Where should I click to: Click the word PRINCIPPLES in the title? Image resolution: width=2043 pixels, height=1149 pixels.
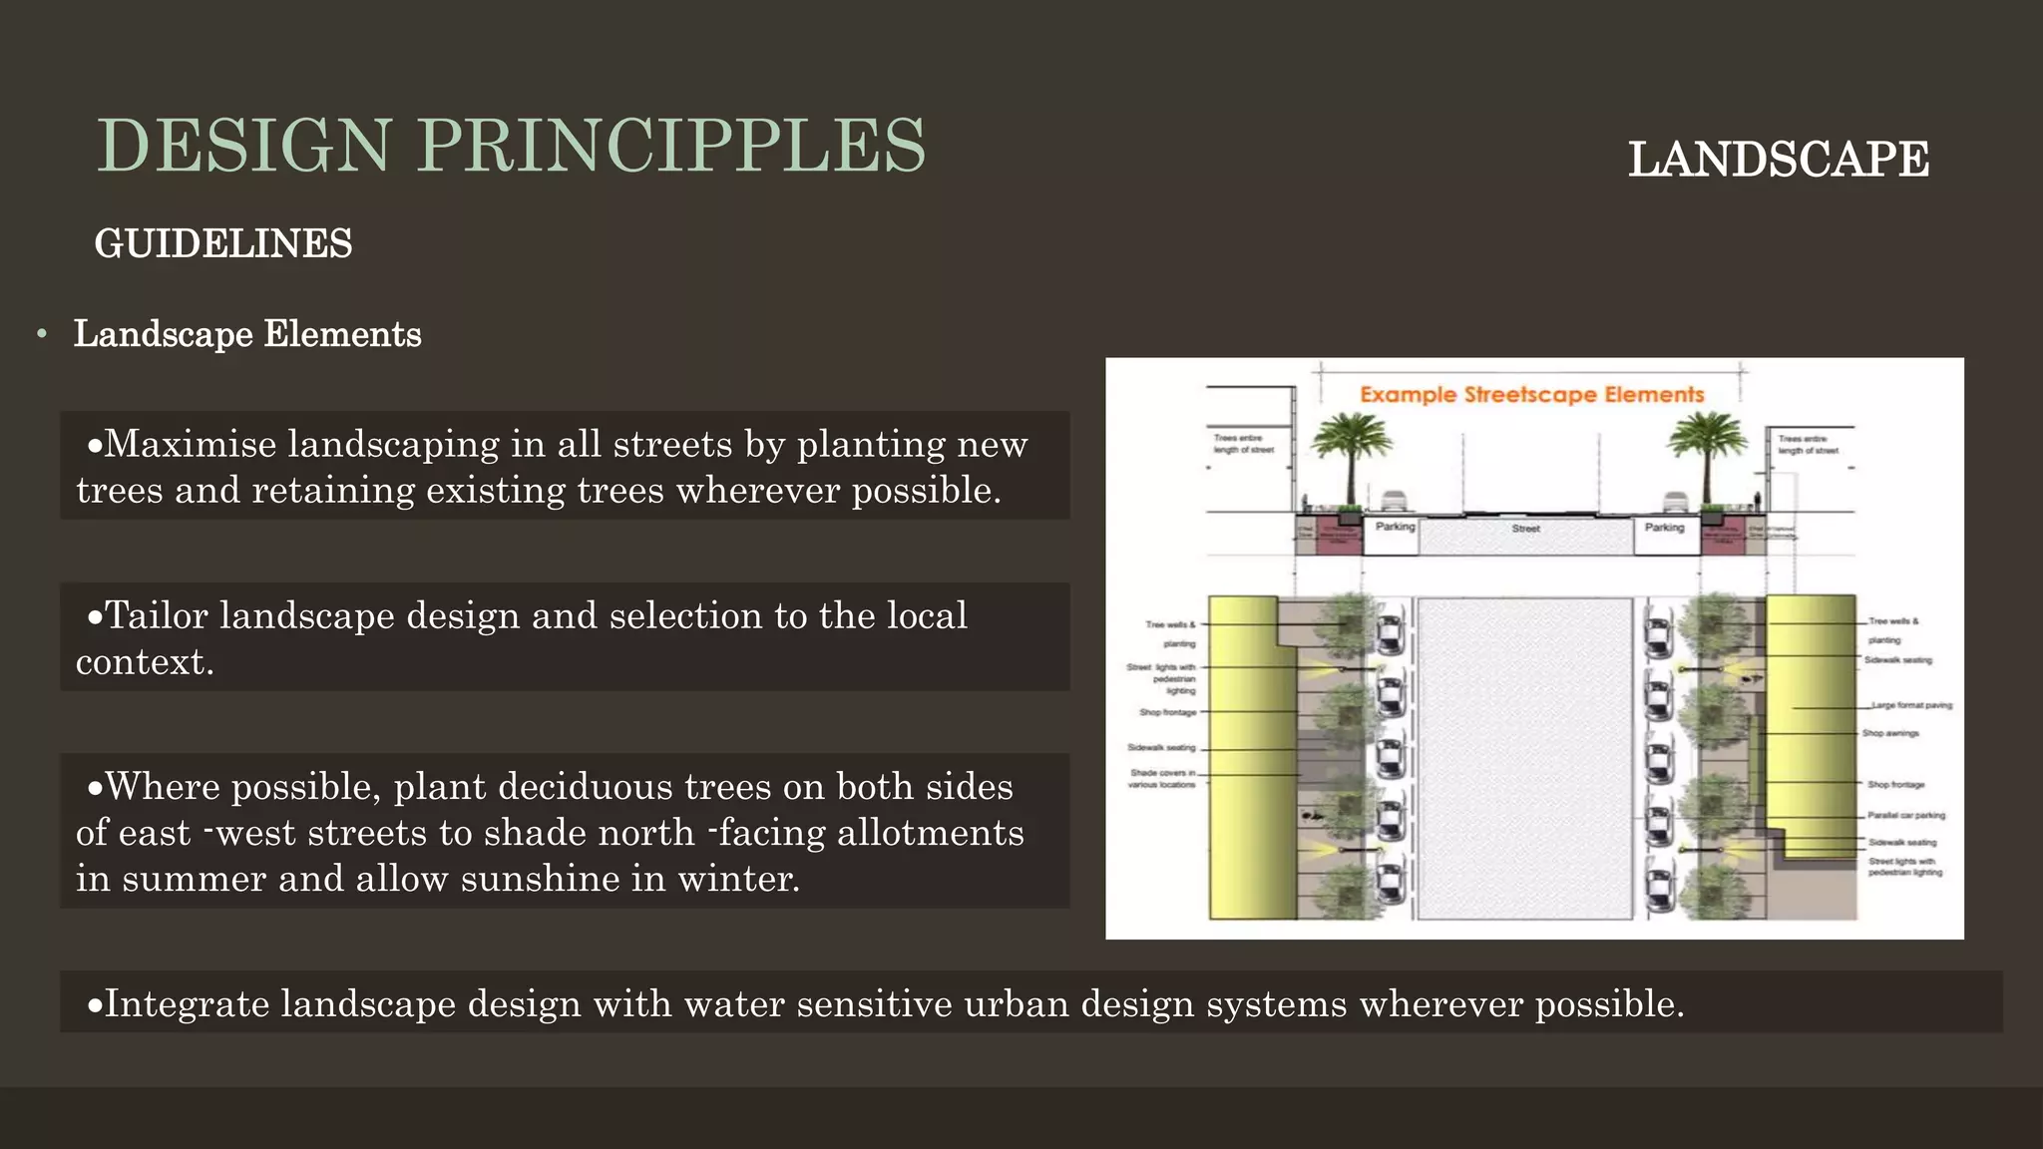tap(671, 146)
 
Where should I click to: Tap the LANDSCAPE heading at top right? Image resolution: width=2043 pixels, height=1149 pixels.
tap(1779, 160)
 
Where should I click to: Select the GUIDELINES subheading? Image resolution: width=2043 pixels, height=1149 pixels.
tap(223, 243)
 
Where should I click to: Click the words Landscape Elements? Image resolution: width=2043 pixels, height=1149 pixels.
tap(247, 334)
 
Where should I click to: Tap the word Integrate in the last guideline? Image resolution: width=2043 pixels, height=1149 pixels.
tap(187, 1003)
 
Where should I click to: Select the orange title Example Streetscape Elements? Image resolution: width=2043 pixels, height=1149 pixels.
tap(1531, 395)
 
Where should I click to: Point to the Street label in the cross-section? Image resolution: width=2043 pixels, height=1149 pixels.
tap(1525, 529)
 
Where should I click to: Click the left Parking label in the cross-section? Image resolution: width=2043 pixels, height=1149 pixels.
tap(1395, 527)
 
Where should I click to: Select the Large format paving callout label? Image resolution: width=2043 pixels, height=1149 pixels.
tap(1911, 705)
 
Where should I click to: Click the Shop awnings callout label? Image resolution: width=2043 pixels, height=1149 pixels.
tap(1890, 733)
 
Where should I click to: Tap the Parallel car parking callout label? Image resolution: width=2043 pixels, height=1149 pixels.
tap(1905, 815)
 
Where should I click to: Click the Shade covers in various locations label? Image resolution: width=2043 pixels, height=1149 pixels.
tap(1162, 779)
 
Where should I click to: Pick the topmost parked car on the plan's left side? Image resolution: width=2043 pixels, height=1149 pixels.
tap(1390, 630)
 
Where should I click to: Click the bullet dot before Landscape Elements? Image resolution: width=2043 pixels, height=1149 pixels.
tap(42, 334)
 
